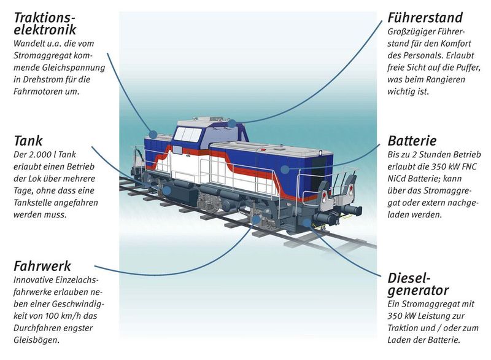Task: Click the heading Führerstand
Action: [425, 17]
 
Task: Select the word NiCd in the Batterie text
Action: [400, 176]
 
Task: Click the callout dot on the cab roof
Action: [231, 123]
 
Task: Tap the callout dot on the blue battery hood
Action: [284, 166]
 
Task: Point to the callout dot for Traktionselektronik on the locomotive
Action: [153, 133]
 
